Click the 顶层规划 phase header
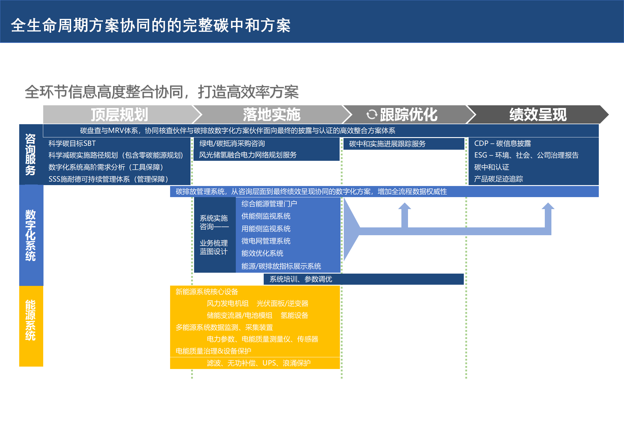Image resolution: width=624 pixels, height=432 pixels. point(119,115)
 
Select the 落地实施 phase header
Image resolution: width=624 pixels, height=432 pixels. point(271,115)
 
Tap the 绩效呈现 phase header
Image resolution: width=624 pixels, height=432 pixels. point(538,115)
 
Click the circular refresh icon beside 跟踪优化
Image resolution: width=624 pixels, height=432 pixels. point(372,114)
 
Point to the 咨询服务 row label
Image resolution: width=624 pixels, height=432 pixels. point(31,154)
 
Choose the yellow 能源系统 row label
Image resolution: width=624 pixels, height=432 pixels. point(31,320)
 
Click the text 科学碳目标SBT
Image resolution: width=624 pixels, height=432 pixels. point(72,143)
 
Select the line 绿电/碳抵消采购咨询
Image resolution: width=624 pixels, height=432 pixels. point(232,143)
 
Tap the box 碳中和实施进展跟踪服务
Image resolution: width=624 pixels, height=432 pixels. point(404,144)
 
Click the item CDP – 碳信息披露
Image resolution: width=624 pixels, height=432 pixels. point(502,143)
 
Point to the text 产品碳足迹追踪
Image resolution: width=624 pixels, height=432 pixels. point(499,179)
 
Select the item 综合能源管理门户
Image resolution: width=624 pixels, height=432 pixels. point(269,204)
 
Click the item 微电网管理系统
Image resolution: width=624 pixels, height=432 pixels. point(266,241)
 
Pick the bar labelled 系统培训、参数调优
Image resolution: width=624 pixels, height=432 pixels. point(364,279)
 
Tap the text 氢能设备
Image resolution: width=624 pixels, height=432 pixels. point(294,315)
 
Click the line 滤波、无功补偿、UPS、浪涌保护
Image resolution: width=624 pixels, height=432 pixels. point(259,363)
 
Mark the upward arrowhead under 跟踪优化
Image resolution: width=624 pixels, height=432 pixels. point(405,206)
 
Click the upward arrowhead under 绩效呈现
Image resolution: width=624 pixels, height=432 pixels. point(548,206)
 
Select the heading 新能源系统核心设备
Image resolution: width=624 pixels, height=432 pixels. point(207,292)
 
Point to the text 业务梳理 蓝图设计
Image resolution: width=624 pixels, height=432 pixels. point(214,247)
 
